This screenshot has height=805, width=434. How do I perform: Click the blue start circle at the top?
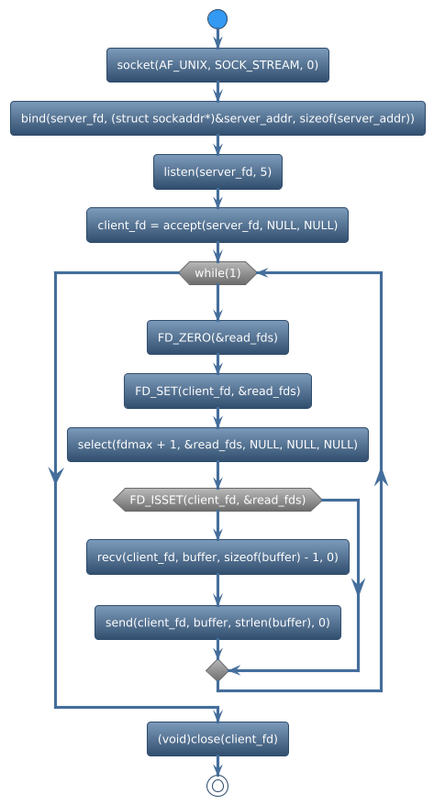click(x=217, y=19)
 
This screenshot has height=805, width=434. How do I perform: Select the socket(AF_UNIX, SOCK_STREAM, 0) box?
click(x=217, y=65)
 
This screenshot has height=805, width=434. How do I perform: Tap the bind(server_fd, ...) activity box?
click(x=217, y=118)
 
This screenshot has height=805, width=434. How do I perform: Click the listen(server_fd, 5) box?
click(x=217, y=171)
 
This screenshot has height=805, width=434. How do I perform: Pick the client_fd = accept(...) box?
click(x=217, y=226)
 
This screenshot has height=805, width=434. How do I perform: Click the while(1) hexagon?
click(x=217, y=273)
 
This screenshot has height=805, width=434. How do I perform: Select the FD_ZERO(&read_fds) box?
click(x=217, y=337)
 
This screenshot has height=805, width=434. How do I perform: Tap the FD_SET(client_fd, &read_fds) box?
click(x=217, y=391)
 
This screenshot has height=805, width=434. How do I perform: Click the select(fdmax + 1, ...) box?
click(x=217, y=445)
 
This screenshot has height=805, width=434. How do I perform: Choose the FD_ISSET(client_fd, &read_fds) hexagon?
click(x=217, y=500)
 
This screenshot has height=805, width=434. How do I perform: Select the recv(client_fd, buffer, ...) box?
click(x=217, y=557)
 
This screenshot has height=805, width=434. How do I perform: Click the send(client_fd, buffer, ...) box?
click(x=217, y=623)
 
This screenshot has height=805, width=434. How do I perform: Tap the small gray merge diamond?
click(x=217, y=670)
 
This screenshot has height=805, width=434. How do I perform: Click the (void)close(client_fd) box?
click(x=217, y=739)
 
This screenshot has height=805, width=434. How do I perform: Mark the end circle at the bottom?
click(x=217, y=786)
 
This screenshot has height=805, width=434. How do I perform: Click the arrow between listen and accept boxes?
click(x=217, y=199)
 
